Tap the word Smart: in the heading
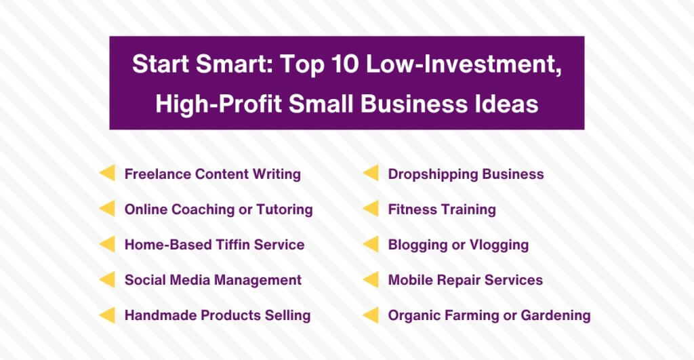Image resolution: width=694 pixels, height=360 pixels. coord(234,64)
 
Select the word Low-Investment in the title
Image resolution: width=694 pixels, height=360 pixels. coord(464,64)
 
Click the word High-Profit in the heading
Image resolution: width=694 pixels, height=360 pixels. coord(219,104)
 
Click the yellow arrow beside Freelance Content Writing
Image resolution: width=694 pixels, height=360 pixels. coord(107,173)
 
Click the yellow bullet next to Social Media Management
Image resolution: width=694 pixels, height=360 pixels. coord(107,279)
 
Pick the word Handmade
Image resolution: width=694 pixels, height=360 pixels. coord(161,315)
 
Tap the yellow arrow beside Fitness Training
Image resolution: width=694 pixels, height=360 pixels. coord(371,208)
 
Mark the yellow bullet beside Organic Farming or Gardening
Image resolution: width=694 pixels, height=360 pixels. coord(371,315)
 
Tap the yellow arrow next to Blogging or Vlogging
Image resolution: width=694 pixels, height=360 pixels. coord(371,244)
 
